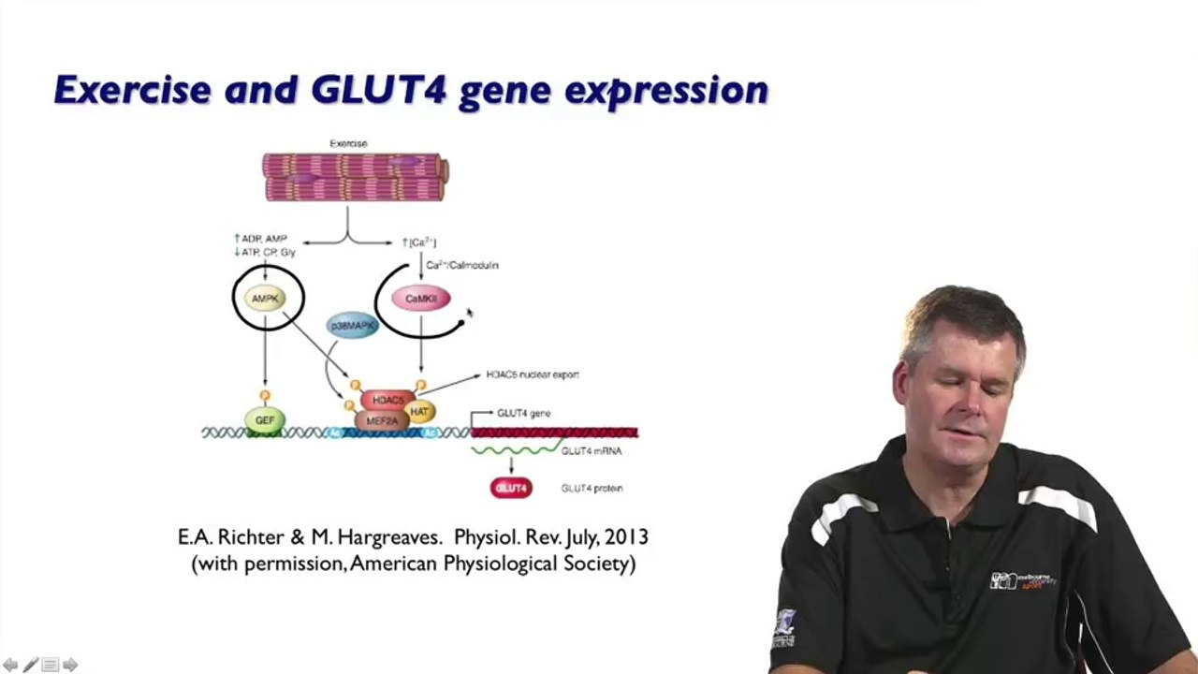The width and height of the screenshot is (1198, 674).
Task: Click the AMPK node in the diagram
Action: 265,299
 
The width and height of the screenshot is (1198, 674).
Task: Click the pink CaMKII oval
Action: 420,299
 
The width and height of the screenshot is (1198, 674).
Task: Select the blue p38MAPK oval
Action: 353,325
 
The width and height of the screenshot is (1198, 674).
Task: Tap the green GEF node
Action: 265,420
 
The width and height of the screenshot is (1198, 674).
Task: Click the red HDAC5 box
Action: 387,400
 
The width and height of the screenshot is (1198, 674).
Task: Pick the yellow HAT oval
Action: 419,411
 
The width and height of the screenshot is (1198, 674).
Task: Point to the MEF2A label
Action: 382,421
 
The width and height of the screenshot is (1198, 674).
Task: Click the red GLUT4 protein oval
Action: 511,488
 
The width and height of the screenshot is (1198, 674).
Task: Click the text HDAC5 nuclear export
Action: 532,374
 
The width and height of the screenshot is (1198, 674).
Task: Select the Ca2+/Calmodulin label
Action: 462,265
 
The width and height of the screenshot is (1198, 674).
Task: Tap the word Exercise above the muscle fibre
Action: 348,143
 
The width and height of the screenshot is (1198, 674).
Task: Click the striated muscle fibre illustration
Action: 355,178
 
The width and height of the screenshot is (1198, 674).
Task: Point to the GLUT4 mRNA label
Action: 591,451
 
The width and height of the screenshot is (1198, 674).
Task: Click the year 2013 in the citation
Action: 626,537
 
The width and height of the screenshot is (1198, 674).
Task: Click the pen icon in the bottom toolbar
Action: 31,665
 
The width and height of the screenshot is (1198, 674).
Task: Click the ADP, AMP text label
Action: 264,240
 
